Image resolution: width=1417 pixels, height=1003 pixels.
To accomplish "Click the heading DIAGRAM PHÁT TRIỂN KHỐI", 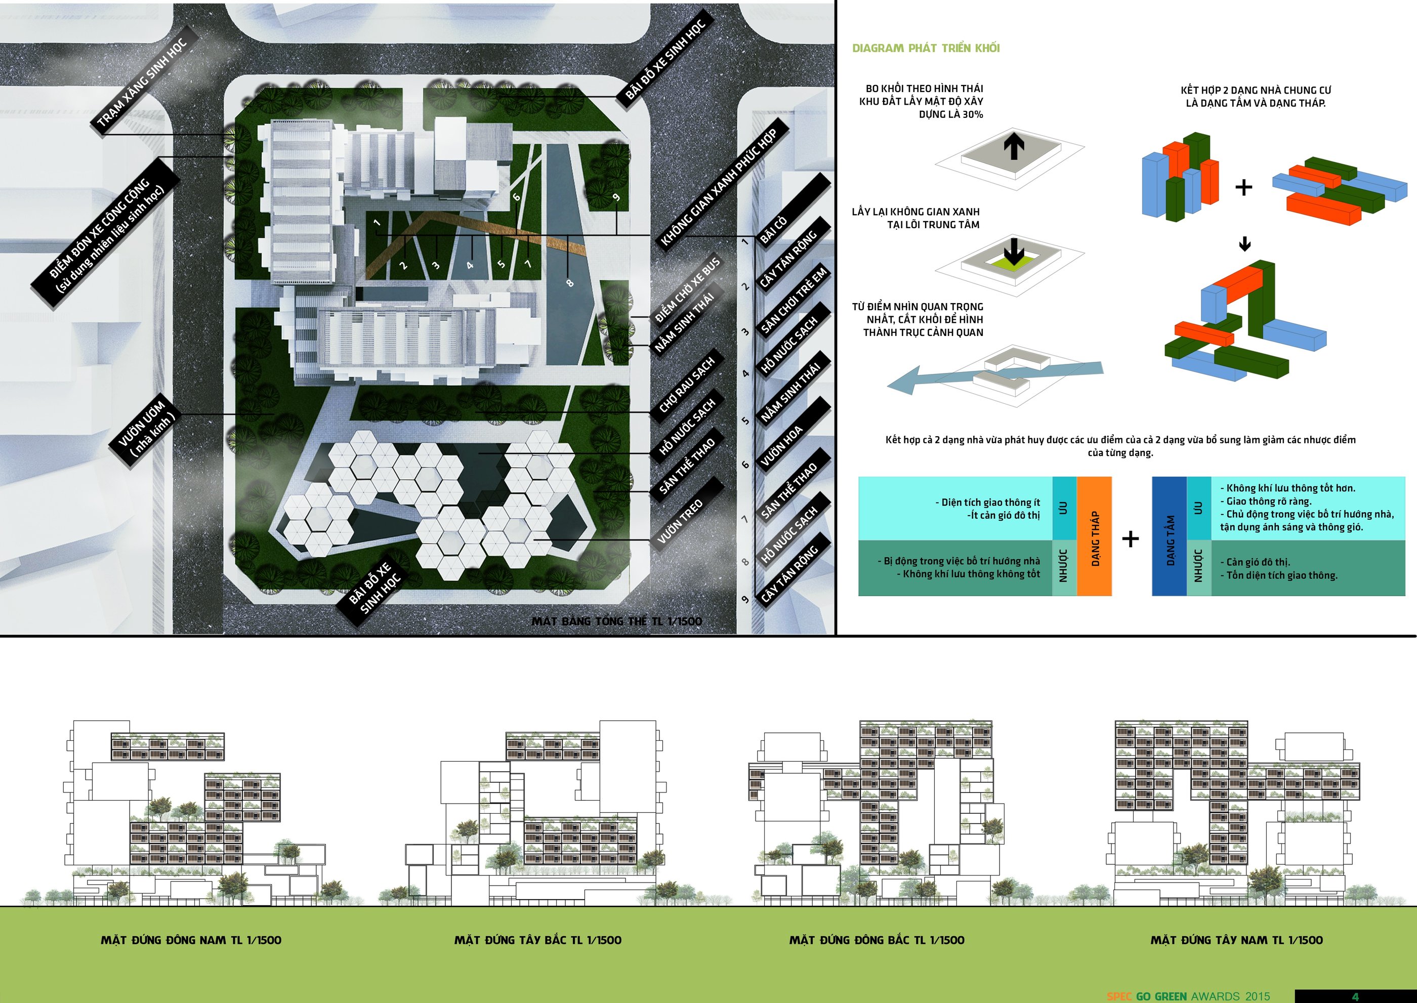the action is [925, 48].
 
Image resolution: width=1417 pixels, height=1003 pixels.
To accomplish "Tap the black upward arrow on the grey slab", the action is [1014, 146].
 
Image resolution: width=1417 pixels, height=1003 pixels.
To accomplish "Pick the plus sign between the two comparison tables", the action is [1131, 539].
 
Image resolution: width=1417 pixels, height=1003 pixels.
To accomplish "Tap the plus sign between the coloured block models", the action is [1243, 187].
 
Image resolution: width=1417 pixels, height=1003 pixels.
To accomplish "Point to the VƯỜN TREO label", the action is [680, 521].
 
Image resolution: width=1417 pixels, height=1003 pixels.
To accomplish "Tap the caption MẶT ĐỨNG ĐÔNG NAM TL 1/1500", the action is [191, 940].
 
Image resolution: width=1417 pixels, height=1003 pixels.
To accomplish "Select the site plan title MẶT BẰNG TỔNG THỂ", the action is [616, 621].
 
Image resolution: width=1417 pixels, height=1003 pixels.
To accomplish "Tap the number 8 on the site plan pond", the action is [569, 283].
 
